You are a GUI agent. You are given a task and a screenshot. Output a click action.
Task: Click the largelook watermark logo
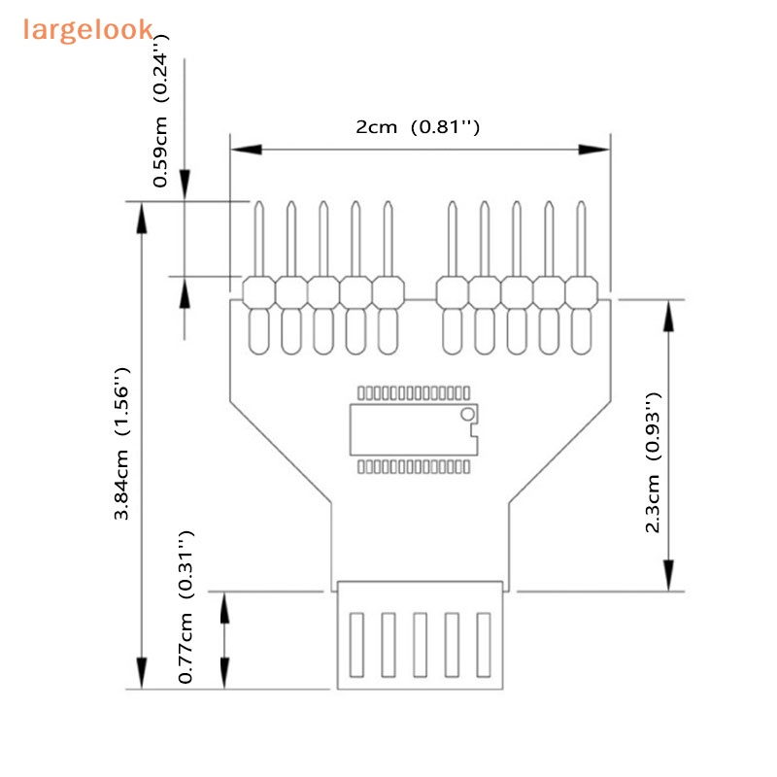click(87, 29)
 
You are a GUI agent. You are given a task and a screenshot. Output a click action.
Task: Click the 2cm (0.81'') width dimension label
click(418, 127)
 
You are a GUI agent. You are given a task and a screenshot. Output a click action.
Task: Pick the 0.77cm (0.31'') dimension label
click(186, 607)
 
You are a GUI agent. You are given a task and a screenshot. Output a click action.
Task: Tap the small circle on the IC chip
click(467, 415)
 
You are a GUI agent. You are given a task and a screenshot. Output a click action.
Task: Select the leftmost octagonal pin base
click(258, 291)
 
